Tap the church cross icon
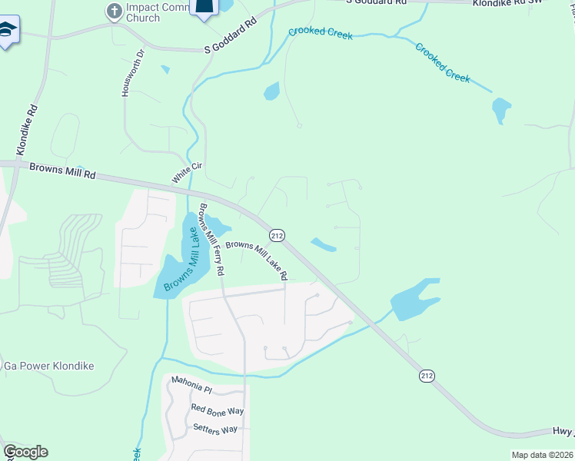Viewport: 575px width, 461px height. [x=114, y=11]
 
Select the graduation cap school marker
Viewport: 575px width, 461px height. [x=8, y=31]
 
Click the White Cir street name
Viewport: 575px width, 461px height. [x=181, y=171]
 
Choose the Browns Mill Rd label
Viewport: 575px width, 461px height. [x=62, y=171]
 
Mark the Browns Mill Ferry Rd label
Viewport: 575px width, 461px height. [x=211, y=239]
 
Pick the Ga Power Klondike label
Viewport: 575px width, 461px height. [x=49, y=366]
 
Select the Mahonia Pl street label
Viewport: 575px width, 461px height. [x=191, y=390]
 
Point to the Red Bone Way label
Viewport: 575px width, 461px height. [x=218, y=410]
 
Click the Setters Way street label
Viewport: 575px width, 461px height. [x=215, y=429]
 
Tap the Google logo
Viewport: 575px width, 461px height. [x=25, y=451]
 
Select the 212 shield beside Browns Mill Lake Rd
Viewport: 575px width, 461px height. [x=278, y=234]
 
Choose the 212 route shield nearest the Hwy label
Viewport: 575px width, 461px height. [x=427, y=376]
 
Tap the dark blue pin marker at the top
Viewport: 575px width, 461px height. [x=205, y=8]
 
